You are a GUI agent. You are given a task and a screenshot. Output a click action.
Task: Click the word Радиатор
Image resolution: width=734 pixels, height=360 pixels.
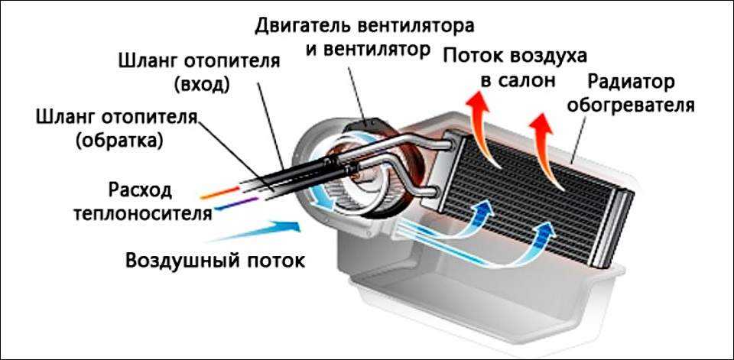[x=639, y=81]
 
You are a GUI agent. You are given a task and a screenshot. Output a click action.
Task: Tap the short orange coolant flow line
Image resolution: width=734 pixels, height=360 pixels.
[x=222, y=186]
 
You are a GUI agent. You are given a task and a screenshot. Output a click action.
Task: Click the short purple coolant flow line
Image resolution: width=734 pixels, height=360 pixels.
[x=230, y=204]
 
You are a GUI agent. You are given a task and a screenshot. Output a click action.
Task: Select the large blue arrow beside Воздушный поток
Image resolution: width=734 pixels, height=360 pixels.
[x=272, y=228]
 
